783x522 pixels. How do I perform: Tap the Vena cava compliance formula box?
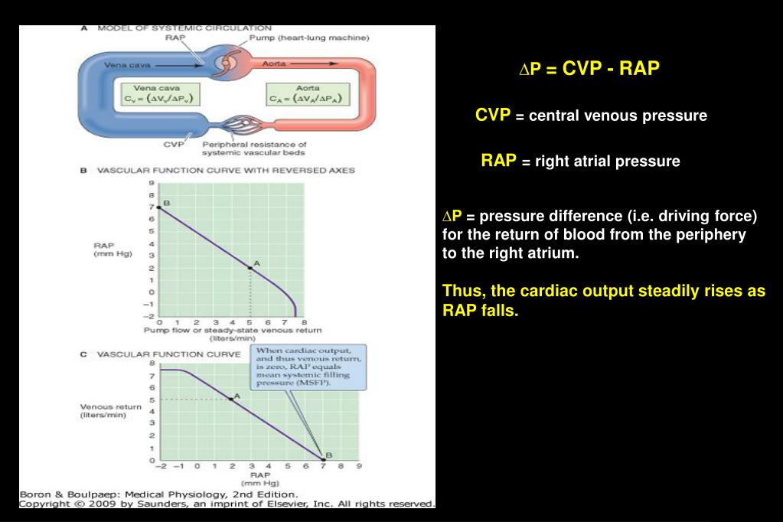160,94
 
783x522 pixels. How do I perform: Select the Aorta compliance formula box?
307,94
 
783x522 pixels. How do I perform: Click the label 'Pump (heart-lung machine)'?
309,38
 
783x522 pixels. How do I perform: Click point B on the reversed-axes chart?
159,207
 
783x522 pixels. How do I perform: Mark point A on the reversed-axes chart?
250,268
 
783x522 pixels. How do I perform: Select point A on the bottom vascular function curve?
230,399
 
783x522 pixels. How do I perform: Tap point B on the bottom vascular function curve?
323,459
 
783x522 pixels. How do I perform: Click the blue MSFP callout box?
308,367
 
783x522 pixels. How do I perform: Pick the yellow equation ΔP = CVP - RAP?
589,68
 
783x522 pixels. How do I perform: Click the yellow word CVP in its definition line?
493,115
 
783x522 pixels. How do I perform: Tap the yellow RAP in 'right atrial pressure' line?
498,160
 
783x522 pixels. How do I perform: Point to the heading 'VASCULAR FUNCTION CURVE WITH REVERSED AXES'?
226,171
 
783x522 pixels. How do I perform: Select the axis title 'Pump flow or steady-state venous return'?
233,330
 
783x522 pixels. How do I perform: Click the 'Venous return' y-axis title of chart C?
110,410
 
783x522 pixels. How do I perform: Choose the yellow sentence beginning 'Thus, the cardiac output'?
604,300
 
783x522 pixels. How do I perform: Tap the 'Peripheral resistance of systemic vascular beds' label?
254,148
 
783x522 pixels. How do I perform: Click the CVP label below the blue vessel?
173,145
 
